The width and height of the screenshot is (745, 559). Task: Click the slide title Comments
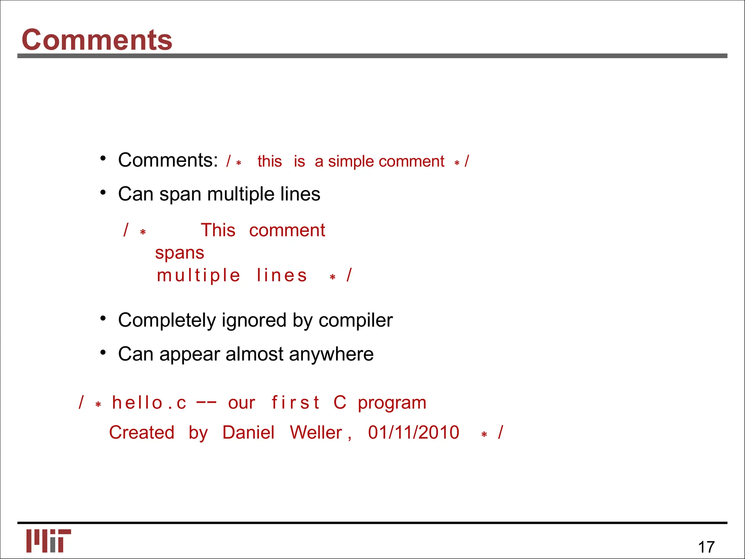click(97, 40)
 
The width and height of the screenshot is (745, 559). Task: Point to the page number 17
click(706, 547)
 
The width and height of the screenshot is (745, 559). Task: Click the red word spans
click(179, 253)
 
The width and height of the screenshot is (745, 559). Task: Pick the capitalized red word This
click(218, 230)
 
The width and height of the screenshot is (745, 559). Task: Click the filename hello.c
click(149, 403)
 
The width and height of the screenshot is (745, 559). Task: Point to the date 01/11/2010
click(414, 432)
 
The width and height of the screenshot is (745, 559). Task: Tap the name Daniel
click(248, 432)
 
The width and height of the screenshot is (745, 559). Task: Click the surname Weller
click(316, 432)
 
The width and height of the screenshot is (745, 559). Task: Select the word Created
click(142, 432)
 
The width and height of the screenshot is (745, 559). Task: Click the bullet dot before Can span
click(103, 192)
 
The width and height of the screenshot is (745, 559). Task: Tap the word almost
click(254, 354)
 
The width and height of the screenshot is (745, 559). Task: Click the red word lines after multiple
click(282, 275)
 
